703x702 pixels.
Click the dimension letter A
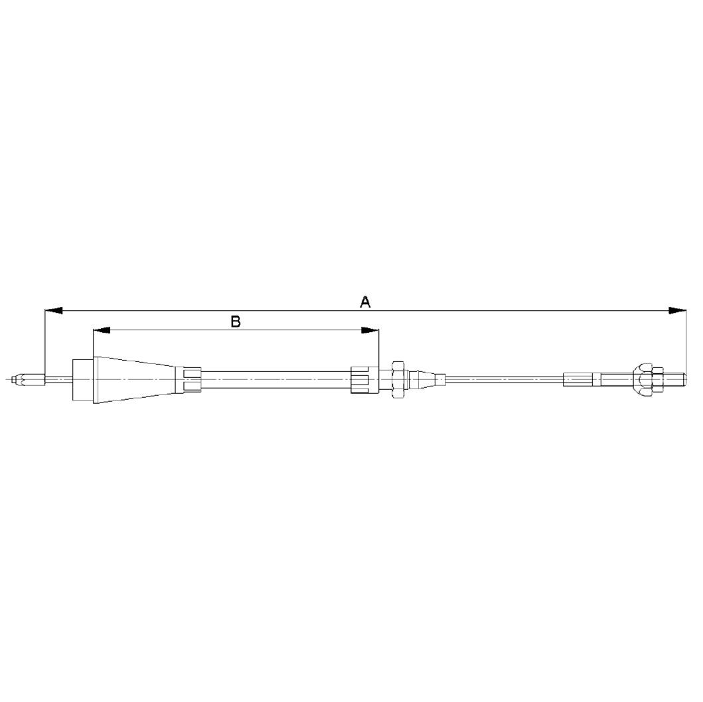coord(365,302)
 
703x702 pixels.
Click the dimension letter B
coord(236,321)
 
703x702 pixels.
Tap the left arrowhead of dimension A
coord(54,310)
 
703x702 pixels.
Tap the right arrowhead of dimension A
coord(677,310)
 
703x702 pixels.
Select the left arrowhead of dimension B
coord(102,330)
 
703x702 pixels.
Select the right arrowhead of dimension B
coord(370,330)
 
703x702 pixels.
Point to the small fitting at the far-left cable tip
coord(29,380)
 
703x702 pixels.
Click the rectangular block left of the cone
coord(83,380)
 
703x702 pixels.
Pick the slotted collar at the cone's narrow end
coord(189,380)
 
